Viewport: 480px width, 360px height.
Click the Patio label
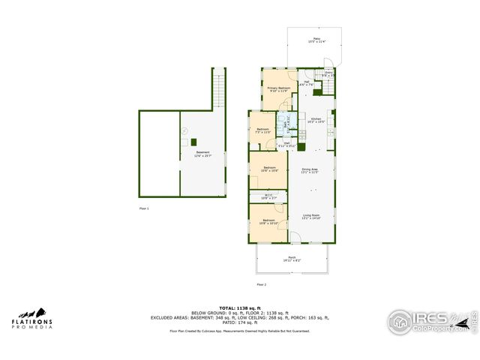pyautogui.click(x=311, y=39)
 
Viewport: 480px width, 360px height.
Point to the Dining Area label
pyautogui.click(x=310, y=170)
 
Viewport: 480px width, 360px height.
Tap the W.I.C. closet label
pyautogui.click(x=268, y=196)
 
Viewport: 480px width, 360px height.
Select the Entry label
pyautogui.click(x=328, y=73)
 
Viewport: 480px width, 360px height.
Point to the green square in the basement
pyautogui.click(x=193, y=142)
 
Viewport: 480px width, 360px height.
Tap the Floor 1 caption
pyautogui.click(x=144, y=208)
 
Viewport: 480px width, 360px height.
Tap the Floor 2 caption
pyautogui.click(x=262, y=285)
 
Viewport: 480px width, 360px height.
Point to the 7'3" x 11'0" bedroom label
pyautogui.click(x=263, y=130)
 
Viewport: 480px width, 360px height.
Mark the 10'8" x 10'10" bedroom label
pyautogui.click(x=268, y=222)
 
